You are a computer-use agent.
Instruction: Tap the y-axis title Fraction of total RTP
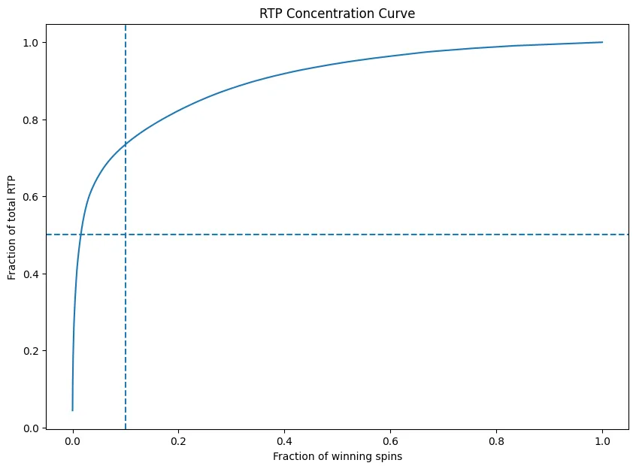[x=13, y=225]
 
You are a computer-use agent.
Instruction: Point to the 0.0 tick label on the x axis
[x=72, y=441]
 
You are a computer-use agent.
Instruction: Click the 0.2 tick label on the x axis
[x=178, y=441]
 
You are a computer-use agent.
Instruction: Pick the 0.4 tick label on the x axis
[x=284, y=441]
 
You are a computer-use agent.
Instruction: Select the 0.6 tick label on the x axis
[x=390, y=441]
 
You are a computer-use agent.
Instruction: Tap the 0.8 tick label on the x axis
[x=496, y=441]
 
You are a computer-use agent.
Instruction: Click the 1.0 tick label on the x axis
[x=602, y=441]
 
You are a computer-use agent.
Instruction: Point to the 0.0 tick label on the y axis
[x=32, y=428]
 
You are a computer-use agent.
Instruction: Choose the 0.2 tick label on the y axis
[x=32, y=351]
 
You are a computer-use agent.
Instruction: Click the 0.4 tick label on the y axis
[x=32, y=274]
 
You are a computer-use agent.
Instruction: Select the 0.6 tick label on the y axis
[x=32, y=197]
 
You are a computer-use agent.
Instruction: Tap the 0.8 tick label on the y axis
[x=32, y=120]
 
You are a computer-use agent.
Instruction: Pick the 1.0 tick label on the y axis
[x=32, y=43]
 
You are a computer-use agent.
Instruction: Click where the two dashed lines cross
[x=126, y=234]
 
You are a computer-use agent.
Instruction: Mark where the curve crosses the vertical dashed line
[x=126, y=144]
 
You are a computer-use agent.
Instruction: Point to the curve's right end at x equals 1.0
[x=602, y=42]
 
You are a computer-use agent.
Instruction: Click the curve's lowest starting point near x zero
[x=73, y=410]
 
